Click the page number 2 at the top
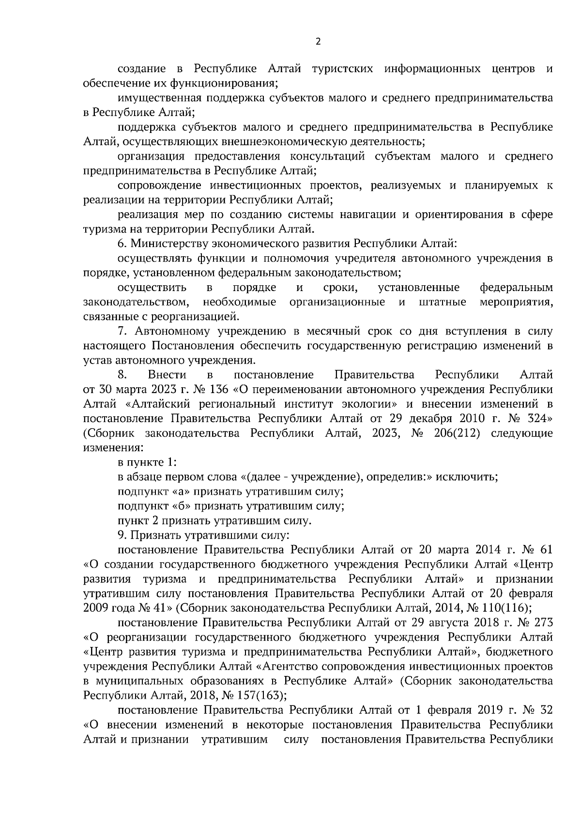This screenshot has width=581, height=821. pyautogui.click(x=318, y=42)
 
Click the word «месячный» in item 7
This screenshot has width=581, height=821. pyautogui.click(x=317, y=331)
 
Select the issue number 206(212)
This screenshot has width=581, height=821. pyautogui.click(x=458, y=433)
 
